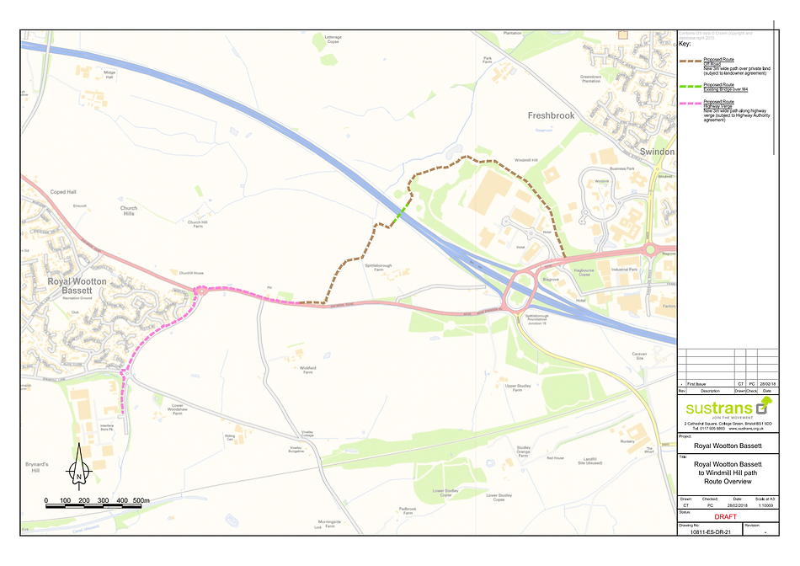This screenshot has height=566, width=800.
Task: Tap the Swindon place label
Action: (x=657, y=152)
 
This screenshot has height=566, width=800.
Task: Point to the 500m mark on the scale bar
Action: (x=141, y=500)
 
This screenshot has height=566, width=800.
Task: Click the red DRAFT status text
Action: (x=726, y=517)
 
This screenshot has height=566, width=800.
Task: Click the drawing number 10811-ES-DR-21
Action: (x=708, y=532)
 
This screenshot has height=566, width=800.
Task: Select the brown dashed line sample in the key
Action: (x=690, y=61)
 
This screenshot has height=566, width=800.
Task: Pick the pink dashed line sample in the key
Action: (x=690, y=103)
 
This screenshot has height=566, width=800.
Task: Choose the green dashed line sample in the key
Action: (x=690, y=87)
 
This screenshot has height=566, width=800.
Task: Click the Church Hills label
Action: (x=128, y=211)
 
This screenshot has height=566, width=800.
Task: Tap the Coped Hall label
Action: (x=64, y=191)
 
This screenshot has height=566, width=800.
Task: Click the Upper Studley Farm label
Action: (x=519, y=387)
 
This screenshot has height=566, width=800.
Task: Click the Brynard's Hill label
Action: (x=36, y=467)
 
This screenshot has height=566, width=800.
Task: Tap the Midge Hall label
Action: (x=109, y=75)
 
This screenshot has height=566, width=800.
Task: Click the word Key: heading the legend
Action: (x=685, y=44)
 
